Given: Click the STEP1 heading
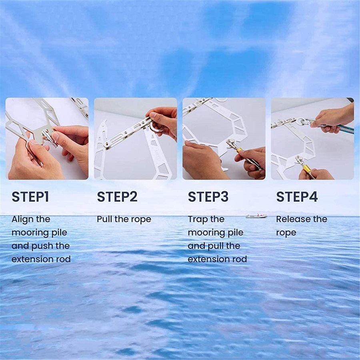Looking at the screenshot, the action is click(30, 197).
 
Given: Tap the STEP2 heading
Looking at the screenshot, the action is click(117, 197).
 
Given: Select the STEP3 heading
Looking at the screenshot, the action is click(208, 197).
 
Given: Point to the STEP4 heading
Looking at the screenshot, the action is click(297, 197).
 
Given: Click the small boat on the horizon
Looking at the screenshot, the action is click(256, 216).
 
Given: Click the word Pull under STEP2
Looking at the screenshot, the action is click(104, 219).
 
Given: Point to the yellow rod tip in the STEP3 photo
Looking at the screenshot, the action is click(240, 150).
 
